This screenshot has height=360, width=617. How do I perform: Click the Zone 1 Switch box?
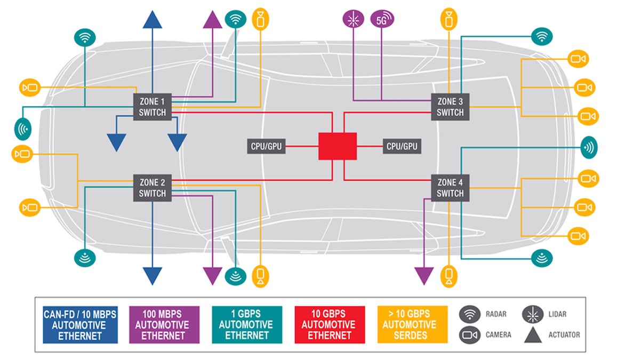pyautogui.click(x=153, y=107)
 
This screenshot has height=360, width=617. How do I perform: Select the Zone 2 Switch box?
pyautogui.click(x=153, y=188)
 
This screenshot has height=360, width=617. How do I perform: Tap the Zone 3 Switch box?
pyautogui.click(x=450, y=107)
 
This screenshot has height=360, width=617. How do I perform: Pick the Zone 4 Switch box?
pyautogui.click(x=450, y=188)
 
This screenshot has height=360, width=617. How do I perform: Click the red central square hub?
pyautogui.click(x=338, y=146)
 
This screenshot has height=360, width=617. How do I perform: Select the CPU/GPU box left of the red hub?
pyautogui.click(x=266, y=146)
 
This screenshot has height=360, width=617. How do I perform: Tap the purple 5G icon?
pyautogui.click(x=382, y=20)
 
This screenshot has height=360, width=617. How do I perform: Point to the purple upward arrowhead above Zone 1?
pyautogui.click(x=212, y=19)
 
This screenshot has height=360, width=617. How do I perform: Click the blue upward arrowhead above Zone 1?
pyautogui.click(x=153, y=19)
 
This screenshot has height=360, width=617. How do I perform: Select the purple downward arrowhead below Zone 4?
pyautogui.click(x=424, y=276)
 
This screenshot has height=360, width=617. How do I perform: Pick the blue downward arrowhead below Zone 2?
pyautogui.click(x=153, y=276)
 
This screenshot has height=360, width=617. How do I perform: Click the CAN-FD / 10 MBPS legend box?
pyautogui.click(x=80, y=324)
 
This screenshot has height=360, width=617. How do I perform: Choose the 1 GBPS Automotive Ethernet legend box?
pyautogui.click(x=246, y=324)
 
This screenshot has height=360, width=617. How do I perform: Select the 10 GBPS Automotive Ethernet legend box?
pyautogui.click(x=330, y=324)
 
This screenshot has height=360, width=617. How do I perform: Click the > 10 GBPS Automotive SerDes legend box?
pyautogui.click(x=412, y=324)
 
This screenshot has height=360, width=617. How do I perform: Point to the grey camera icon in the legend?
pyautogui.click(x=469, y=335)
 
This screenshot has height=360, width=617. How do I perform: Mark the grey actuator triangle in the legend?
pyautogui.click(x=532, y=335)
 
